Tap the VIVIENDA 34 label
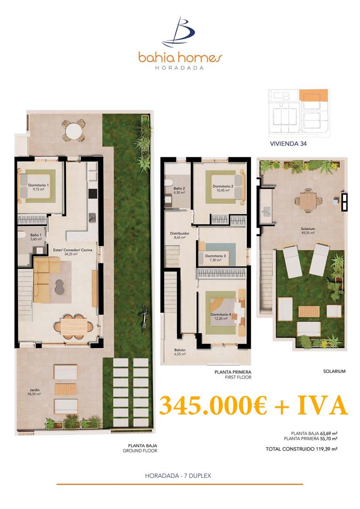pos(288,145)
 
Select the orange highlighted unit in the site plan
pos(312,94)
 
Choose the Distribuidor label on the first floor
pos(180,236)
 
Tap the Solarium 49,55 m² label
pos(308,231)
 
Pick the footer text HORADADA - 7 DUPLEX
pos(178,476)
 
